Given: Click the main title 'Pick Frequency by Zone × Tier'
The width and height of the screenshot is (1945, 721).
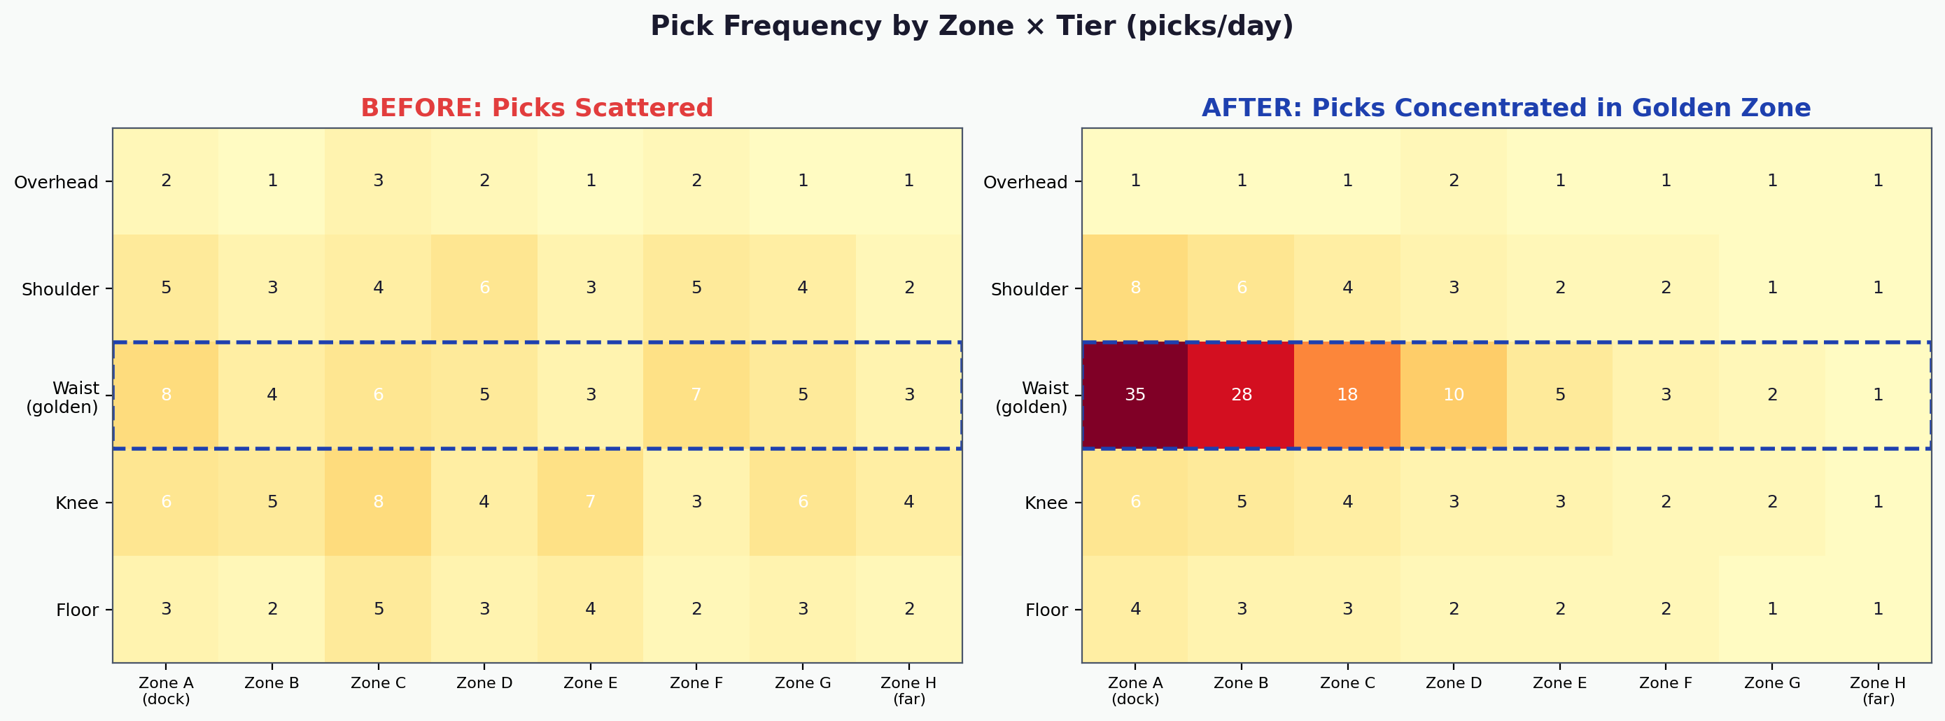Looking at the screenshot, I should tap(971, 27).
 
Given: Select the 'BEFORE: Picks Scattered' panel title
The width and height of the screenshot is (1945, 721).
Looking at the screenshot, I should tap(537, 108).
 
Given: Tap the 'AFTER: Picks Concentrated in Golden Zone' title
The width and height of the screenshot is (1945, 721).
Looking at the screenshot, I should tap(1505, 108).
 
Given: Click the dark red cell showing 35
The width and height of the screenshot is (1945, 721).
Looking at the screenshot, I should tap(1135, 395).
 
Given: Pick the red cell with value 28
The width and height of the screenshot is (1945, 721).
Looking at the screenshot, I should tap(1242, 395).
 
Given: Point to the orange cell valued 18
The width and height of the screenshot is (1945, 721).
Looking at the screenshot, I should tap(1347, 395).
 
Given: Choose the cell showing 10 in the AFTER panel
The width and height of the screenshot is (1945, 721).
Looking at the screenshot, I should tap(1454, 395).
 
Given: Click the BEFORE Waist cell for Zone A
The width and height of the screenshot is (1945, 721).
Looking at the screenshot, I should tap(166, 395).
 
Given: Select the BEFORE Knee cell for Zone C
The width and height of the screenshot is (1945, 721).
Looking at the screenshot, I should tap(378, 502).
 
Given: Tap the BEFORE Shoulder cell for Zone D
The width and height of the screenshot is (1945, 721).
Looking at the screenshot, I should tap(485, 288).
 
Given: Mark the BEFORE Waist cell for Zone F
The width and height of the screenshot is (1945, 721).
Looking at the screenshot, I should tap(697, 395).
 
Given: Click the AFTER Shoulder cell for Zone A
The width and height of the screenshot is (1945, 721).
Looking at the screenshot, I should tap(1135, 288).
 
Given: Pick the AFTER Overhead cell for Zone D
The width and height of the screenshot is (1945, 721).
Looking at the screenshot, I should tap(1454, 181).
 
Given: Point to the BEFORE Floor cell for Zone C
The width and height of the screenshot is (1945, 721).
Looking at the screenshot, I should tap(378, 609).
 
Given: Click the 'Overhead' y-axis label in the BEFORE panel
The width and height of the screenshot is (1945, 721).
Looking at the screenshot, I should tap(57, 182).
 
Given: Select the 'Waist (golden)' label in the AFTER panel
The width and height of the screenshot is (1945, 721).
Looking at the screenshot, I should tap(1032, 398).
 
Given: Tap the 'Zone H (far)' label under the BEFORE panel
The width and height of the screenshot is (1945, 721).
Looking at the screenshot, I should tap(909, 691).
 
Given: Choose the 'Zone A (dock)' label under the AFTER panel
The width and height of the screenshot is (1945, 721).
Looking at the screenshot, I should tap(1135, 691).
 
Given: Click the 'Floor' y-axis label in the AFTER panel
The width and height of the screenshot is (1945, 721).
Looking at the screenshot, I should tap(1046, 610).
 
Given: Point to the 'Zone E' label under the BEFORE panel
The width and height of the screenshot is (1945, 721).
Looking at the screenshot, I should tap(591, 683).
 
